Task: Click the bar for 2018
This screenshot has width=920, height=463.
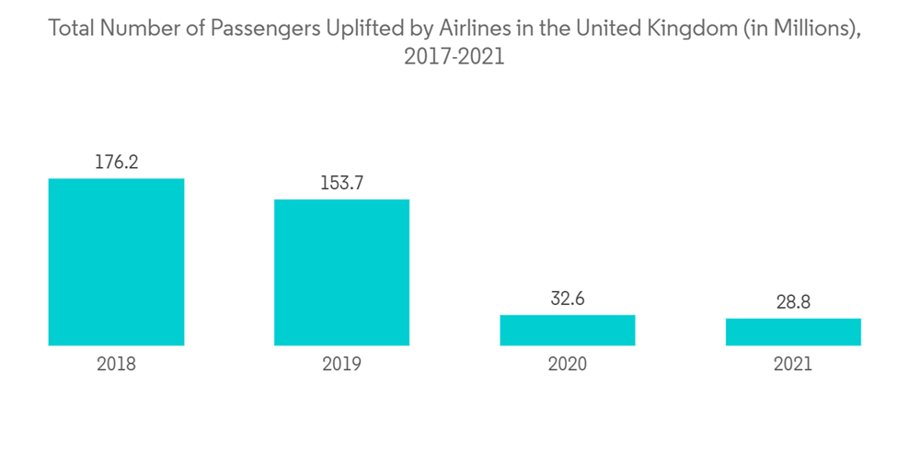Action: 116,262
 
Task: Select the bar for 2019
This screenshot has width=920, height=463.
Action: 341,272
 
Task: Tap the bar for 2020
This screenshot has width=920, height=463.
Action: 567,330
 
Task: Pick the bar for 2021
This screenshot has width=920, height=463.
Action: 793,332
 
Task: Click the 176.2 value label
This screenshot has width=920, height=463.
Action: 116,163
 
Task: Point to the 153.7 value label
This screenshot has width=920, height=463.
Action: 341,184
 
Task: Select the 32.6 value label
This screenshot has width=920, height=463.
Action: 567,299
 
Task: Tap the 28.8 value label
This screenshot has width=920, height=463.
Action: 793,302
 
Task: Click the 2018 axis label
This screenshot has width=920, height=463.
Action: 116,365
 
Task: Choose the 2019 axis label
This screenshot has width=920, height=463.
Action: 341,365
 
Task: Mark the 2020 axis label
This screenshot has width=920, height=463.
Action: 567,365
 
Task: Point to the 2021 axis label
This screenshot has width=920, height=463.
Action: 793,365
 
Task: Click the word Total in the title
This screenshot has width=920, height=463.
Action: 71,28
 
